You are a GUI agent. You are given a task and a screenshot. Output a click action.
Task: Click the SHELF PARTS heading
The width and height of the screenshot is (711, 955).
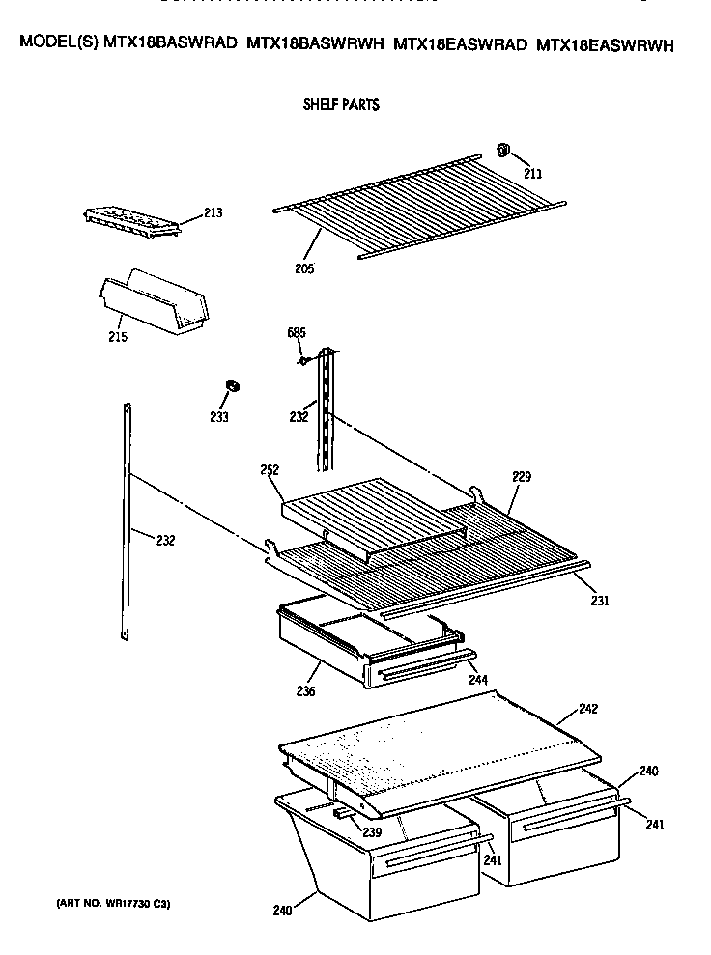tap(341, 105)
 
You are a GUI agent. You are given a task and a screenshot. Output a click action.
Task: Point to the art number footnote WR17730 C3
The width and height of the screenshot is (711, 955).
tap(113, 904)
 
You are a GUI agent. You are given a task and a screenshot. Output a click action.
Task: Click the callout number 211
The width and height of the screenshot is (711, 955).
tap(532, 174)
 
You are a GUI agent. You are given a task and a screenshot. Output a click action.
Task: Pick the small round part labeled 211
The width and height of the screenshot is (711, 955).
tap(503, 150)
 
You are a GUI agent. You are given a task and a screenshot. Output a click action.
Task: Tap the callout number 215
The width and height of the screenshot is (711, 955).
tap(118, 337)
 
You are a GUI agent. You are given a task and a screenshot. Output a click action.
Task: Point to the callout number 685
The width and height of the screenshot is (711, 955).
tap(297, 333)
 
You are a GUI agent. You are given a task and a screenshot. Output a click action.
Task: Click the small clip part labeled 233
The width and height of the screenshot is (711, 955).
tap(232, 387)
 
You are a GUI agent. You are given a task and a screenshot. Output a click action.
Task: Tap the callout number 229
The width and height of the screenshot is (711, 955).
tap(522, 477)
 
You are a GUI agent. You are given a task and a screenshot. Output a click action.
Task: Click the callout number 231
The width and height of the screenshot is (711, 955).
tap(600, 602)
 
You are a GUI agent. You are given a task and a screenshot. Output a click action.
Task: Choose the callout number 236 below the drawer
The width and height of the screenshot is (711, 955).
tap(305, 691)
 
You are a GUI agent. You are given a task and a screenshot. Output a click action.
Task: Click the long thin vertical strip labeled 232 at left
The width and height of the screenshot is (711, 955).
tap(127, 521)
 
